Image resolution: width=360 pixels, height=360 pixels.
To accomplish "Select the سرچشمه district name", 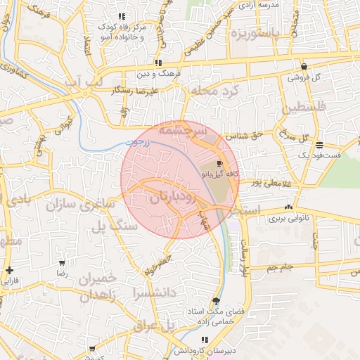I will click(x=182, y=131).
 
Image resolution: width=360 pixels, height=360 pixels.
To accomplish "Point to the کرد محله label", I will click(x=215, y=91).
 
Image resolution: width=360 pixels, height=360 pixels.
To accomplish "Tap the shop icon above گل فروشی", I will click(x=304, y=67).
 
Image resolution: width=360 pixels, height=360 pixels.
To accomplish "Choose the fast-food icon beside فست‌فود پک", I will click(x=320, y=144).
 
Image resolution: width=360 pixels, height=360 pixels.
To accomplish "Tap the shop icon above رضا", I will click(x=62, y=262).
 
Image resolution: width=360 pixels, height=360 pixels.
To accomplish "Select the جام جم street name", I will click(x=279, y=267).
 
